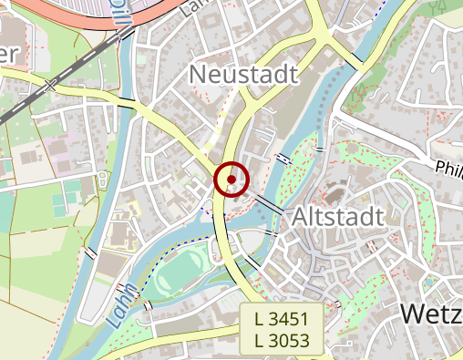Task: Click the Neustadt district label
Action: [243, 73]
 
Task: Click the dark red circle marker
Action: [231, 179]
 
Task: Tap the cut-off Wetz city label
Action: [431, 314]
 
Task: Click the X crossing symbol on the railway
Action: [50, 87]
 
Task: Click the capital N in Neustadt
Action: [198, 73]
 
